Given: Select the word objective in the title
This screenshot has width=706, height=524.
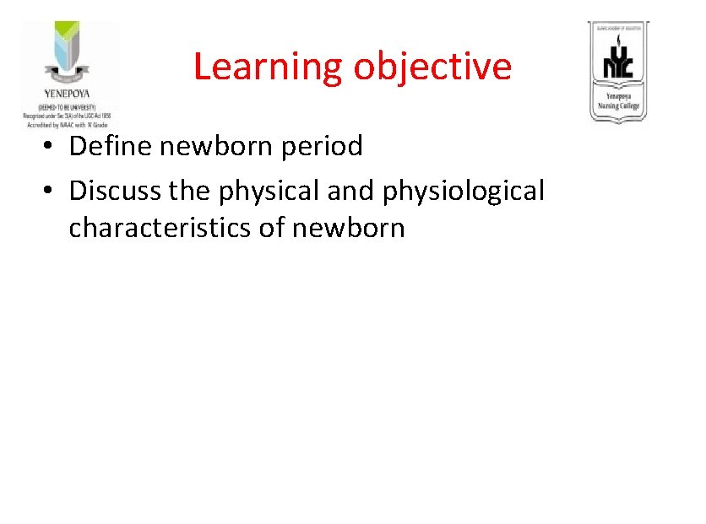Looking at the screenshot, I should pyautogui.click(x=432, y=67).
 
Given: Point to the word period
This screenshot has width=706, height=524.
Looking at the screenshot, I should pyautogui.click(x=324, y=146).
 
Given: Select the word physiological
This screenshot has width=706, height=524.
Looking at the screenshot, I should pyautogui.click(x=463, y=191).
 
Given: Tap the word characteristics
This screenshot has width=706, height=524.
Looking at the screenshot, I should pyautogui.click(x=160, y=228).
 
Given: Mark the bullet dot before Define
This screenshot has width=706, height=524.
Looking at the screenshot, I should pyautogui.click(x=52, y=147).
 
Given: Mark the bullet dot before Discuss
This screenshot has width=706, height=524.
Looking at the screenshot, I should pyautogui.click(x=52, y=192).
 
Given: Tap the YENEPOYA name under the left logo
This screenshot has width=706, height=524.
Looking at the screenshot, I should pyautogui.click(x=67, y=94).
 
